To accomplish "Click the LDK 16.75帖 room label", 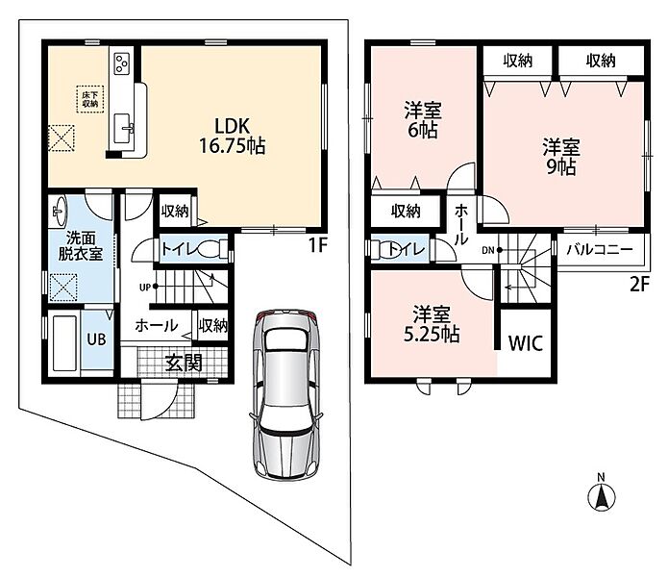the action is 233,136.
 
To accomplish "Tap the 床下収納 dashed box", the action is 90,99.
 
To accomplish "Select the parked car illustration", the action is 285,394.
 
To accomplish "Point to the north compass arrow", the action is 602,496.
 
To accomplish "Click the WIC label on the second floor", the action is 526,343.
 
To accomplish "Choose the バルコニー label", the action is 600,249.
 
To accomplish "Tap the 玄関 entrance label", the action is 184,364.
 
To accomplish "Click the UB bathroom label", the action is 96,339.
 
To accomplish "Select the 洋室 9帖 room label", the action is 561,157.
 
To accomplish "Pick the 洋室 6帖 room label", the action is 423,120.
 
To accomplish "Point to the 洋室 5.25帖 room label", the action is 432,324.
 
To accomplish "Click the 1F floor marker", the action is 317,245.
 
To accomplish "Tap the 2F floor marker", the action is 639,285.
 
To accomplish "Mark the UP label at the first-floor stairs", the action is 145,288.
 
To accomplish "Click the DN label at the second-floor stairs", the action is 488,250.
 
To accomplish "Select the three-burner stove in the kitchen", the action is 122,63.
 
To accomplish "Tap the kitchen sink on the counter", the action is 124,128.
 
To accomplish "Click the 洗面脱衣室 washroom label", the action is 81,246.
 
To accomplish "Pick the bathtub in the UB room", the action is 64,342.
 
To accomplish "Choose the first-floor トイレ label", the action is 180,249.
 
